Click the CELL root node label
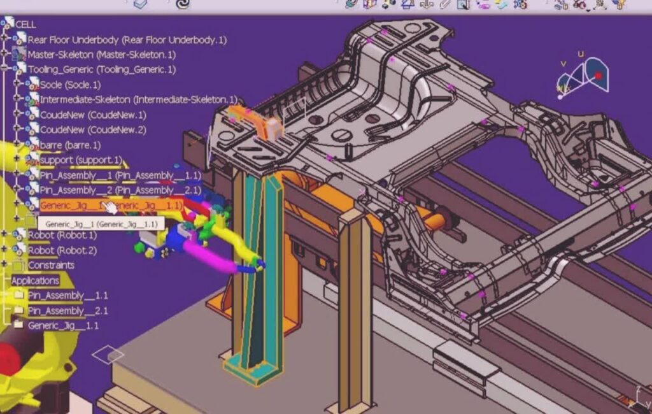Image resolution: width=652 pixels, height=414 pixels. pos(25,25)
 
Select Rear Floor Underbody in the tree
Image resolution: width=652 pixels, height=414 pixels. pos(127,40)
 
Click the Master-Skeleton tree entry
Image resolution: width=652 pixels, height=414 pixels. pos(101,55)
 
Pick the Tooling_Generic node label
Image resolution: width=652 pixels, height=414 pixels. pos(101,69)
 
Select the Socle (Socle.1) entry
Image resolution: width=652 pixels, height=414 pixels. pos(70,85)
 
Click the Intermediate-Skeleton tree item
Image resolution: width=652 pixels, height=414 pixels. pos(138,100)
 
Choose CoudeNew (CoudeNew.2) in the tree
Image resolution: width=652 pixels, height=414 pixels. pos(93,130)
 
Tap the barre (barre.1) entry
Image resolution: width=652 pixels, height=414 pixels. pos(70,145)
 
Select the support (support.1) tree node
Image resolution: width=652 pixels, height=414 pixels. pos(81,161)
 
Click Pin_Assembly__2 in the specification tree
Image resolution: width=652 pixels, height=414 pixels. pos(120,190)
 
